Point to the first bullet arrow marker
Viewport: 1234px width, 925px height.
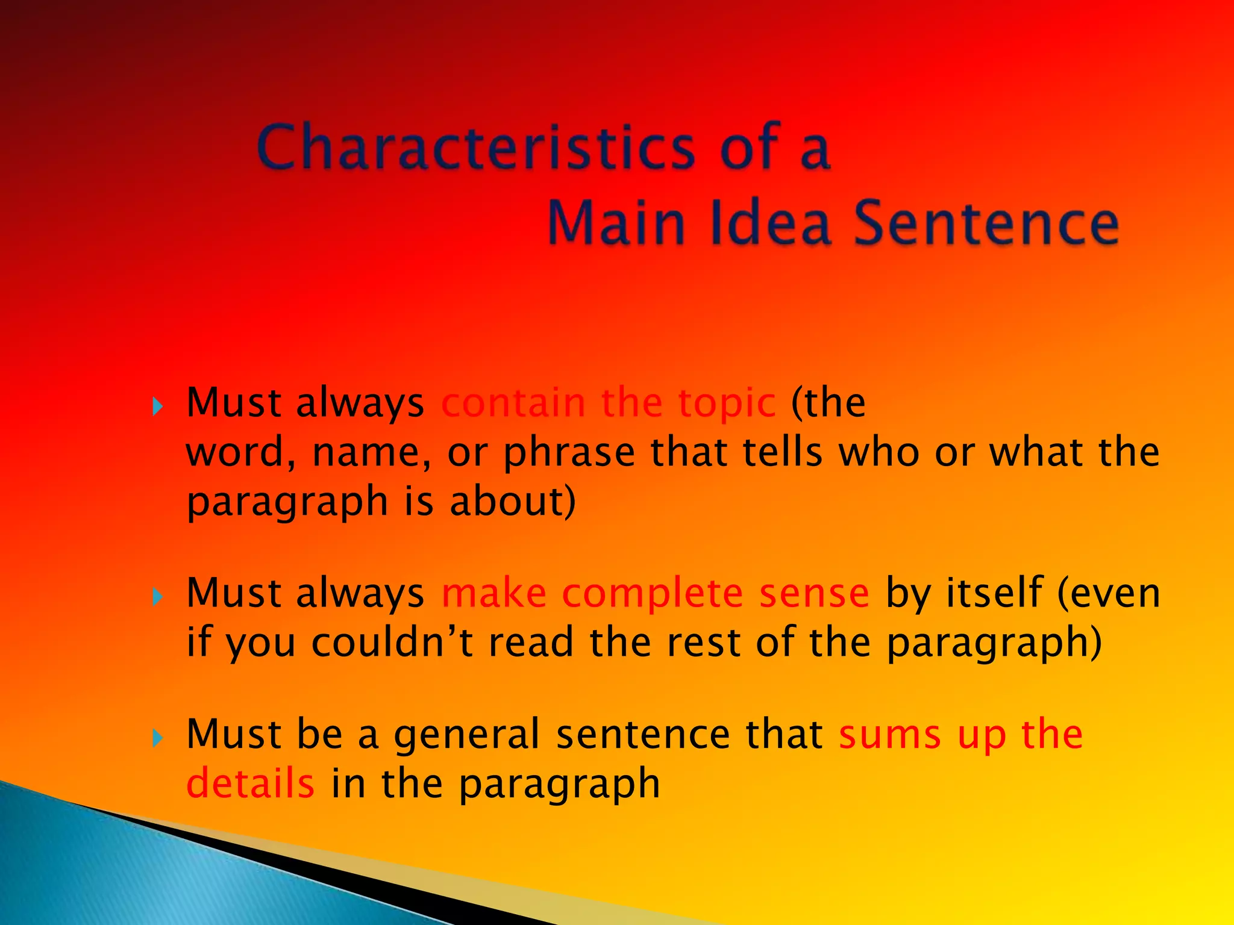[158, 406]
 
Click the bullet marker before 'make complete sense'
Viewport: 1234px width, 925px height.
[158, 597]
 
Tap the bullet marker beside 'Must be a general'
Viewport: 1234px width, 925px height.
[158, 738]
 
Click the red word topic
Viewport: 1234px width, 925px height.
[727, 403]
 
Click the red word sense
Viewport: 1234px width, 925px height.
[814, 594]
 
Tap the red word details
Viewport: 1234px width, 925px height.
[250, 783]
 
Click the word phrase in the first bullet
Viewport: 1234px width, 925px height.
[569, 453]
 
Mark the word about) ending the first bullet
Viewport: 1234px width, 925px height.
[513, 501]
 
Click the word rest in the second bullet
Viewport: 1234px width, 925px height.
[704, 642]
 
